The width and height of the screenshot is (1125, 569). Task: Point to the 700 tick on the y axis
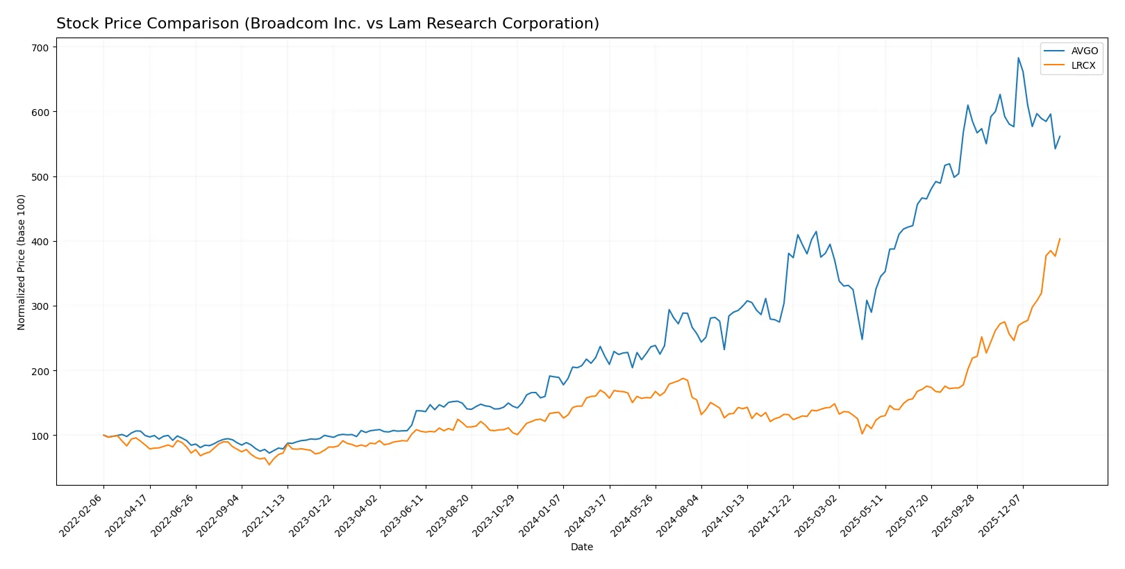coord(40,47)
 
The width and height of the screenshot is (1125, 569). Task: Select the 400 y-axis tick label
coord(40,242)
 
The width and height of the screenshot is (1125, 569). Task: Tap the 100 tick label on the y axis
coord(40,436)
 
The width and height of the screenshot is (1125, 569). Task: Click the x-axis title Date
coord(581,547)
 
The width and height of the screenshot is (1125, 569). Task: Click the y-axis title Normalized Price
coord(22,262)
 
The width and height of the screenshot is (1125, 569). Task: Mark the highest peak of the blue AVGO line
coord(1018,58)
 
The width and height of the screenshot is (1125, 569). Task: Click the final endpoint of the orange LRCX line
coord(1060,239)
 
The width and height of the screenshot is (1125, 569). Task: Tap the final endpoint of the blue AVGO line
coord(1060,136)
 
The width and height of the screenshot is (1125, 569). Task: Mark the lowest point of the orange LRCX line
coord(269,464)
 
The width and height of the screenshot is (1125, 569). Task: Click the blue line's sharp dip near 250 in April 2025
coord(862,339)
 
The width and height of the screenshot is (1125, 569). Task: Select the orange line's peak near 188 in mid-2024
coord(683,378)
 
